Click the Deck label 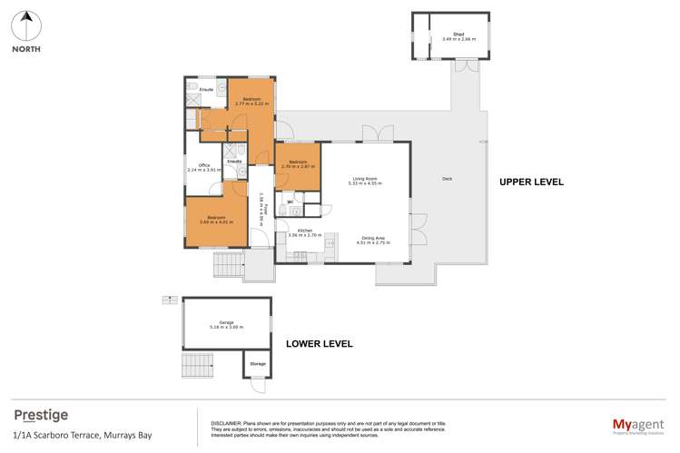[x=447, y=179]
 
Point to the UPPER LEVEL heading [x=531, y=182]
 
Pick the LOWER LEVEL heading [x=319, y=344]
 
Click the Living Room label [x=365, y=181]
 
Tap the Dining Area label [x=370, y=241]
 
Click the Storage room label [x=258, y=364]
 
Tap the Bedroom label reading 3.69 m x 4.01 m [x=216, y=219]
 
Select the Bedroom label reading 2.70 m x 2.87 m [x=297, y=163]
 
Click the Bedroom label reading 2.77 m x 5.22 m [x=249, y=101]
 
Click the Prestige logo [x=41, y=415]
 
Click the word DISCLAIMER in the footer [x=226, y=423]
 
